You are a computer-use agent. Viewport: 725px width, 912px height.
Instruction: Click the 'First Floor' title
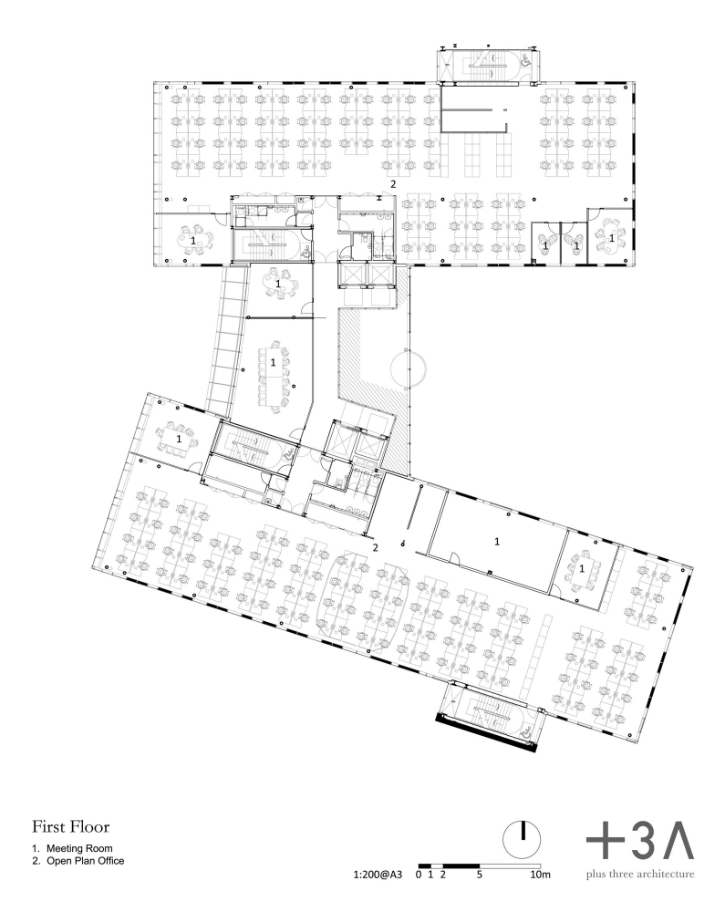click(x=70, y=826)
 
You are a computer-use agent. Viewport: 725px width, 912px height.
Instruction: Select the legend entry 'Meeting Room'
click(x=79, y=848)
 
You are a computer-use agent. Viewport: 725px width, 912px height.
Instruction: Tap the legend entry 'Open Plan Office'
click(x=86, y=861)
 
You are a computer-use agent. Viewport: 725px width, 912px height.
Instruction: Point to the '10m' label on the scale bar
click(x=540, y=875)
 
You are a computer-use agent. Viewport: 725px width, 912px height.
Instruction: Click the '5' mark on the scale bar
click(x=479, y=875)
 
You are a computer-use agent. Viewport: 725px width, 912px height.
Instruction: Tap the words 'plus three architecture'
click(x=640, y=874)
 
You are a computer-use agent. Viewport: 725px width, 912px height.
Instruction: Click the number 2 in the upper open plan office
click(x=393, y=184)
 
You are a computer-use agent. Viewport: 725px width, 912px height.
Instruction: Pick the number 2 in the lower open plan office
click(x=376, y=547)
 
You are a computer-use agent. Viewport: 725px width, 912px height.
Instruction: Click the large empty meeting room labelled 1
click(x=496, y=542)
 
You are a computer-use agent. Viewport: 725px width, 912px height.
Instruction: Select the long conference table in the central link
click(x=274, y=378)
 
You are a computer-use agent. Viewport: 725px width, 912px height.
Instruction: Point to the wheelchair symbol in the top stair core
click(x=525, y=60)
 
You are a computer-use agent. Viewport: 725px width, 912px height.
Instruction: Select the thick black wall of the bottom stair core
click(x=486, y=733)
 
